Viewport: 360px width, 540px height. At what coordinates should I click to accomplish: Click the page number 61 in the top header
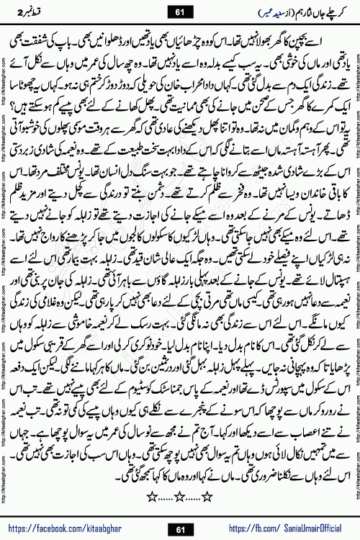[x=180, y=11]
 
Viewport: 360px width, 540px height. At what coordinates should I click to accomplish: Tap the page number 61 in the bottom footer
[x=180, y=530]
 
